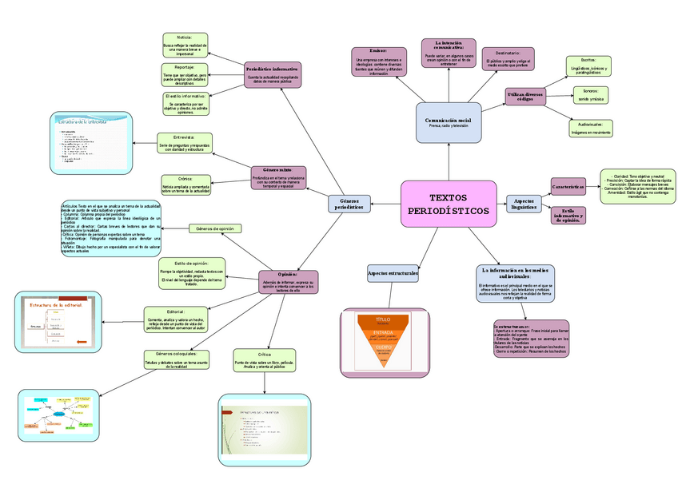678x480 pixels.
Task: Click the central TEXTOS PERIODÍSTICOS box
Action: [x=449, y=204]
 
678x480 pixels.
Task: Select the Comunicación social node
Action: [x=449, y=122]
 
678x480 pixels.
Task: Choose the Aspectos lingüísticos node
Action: [x=524, y=204]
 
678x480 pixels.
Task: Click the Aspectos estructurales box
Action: [x=393, y=274]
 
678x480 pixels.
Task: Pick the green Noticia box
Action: [x=185, y=45]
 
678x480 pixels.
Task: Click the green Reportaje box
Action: [x=185, y=75]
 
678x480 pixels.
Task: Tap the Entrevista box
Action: [x=184, y=142]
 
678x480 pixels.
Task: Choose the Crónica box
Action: [x=185, y=184]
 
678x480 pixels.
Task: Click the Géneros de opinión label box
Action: [x=215, y=229]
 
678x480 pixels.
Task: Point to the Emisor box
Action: [x=379, y=61]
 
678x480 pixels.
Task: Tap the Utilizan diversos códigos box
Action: [x=524, y=96]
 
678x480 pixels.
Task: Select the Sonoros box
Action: [x=590, y=94]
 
